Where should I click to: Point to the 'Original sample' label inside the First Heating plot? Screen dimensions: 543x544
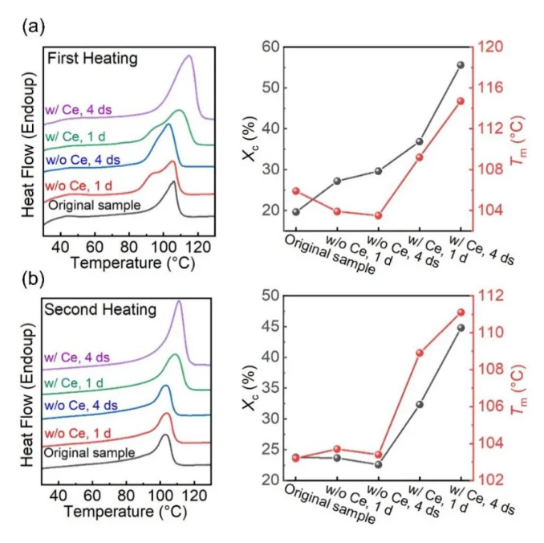(x=95, y=205)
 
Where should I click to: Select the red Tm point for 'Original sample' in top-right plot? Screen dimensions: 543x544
(x=296, y=191)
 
